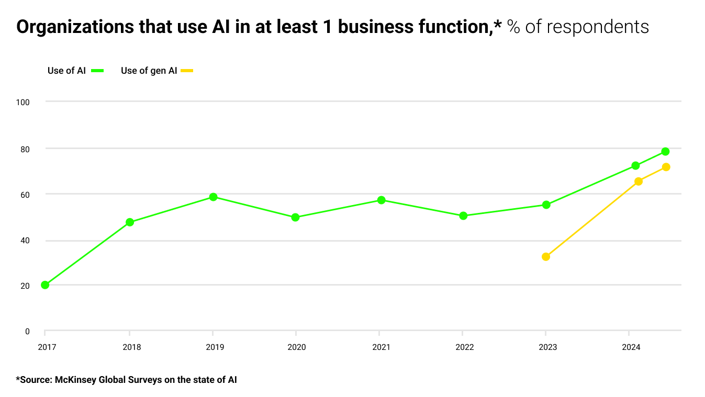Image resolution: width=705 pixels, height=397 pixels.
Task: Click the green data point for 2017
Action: point(45,285)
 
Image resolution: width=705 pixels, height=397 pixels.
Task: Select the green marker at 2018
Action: point(130,222)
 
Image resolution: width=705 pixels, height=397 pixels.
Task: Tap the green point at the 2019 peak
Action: point(213,197)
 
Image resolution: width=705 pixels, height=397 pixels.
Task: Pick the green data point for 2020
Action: point(295,217)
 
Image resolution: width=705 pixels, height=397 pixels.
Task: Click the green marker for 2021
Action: point(381,200)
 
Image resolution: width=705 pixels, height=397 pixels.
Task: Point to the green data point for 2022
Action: point(463,215)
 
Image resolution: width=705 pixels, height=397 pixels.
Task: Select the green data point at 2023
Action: point(546,205)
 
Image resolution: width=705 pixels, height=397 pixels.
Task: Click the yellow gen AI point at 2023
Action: point(546,257)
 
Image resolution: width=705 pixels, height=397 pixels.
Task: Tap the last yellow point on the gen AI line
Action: point(666,167)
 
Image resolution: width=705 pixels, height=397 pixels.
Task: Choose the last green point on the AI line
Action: point(665,152)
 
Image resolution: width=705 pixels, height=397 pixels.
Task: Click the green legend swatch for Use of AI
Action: point(97,71)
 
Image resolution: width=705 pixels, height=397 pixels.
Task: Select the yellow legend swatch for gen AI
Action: point(187,71)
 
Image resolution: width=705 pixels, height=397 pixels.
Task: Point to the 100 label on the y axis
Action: point(23,102)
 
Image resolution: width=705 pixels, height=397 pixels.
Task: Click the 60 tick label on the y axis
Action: point(25,195)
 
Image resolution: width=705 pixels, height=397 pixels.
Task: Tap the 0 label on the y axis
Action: point(27,332)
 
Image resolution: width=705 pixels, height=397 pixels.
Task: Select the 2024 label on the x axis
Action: point(630,347)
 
